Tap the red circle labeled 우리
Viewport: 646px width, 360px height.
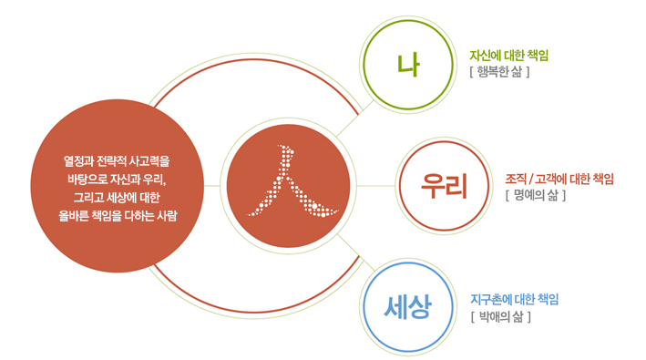pyautogui.click(x=444, y=184)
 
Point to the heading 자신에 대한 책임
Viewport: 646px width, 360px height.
pyautogui.click(x=508, y=56)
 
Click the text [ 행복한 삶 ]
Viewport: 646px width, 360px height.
pyautogui.click(x=499, y=72)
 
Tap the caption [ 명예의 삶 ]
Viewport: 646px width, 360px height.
pyautogui.click(x=535, y=194)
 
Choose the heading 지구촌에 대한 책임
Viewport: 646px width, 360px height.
pyautogui.click(x=514, y=299)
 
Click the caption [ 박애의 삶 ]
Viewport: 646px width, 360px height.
pyautogui.click(x=500, y=316)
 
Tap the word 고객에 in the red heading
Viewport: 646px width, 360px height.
pyautogui.click(x=555, y=178)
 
